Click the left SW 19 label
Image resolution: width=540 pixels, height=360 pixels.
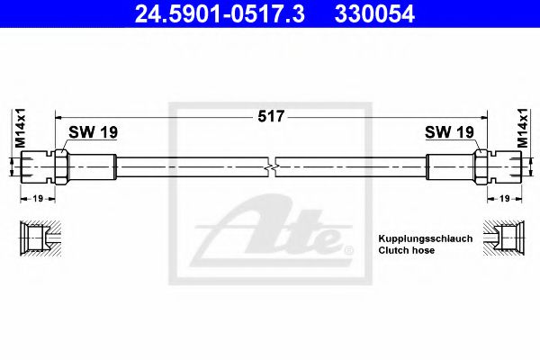93,132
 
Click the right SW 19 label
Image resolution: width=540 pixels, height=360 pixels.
449,132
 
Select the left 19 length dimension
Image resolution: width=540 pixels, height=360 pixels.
36,197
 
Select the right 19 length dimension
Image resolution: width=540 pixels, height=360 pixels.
505,197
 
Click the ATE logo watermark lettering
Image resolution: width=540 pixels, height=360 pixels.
270,234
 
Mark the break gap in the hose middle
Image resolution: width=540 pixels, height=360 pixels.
272,167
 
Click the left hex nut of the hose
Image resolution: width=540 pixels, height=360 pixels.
61,167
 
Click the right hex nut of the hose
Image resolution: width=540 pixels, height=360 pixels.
481,167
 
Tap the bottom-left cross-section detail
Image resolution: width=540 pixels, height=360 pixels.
37,238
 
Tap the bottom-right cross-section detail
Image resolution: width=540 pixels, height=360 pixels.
503,238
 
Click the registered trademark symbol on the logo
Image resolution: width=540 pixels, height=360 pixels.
336,244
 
